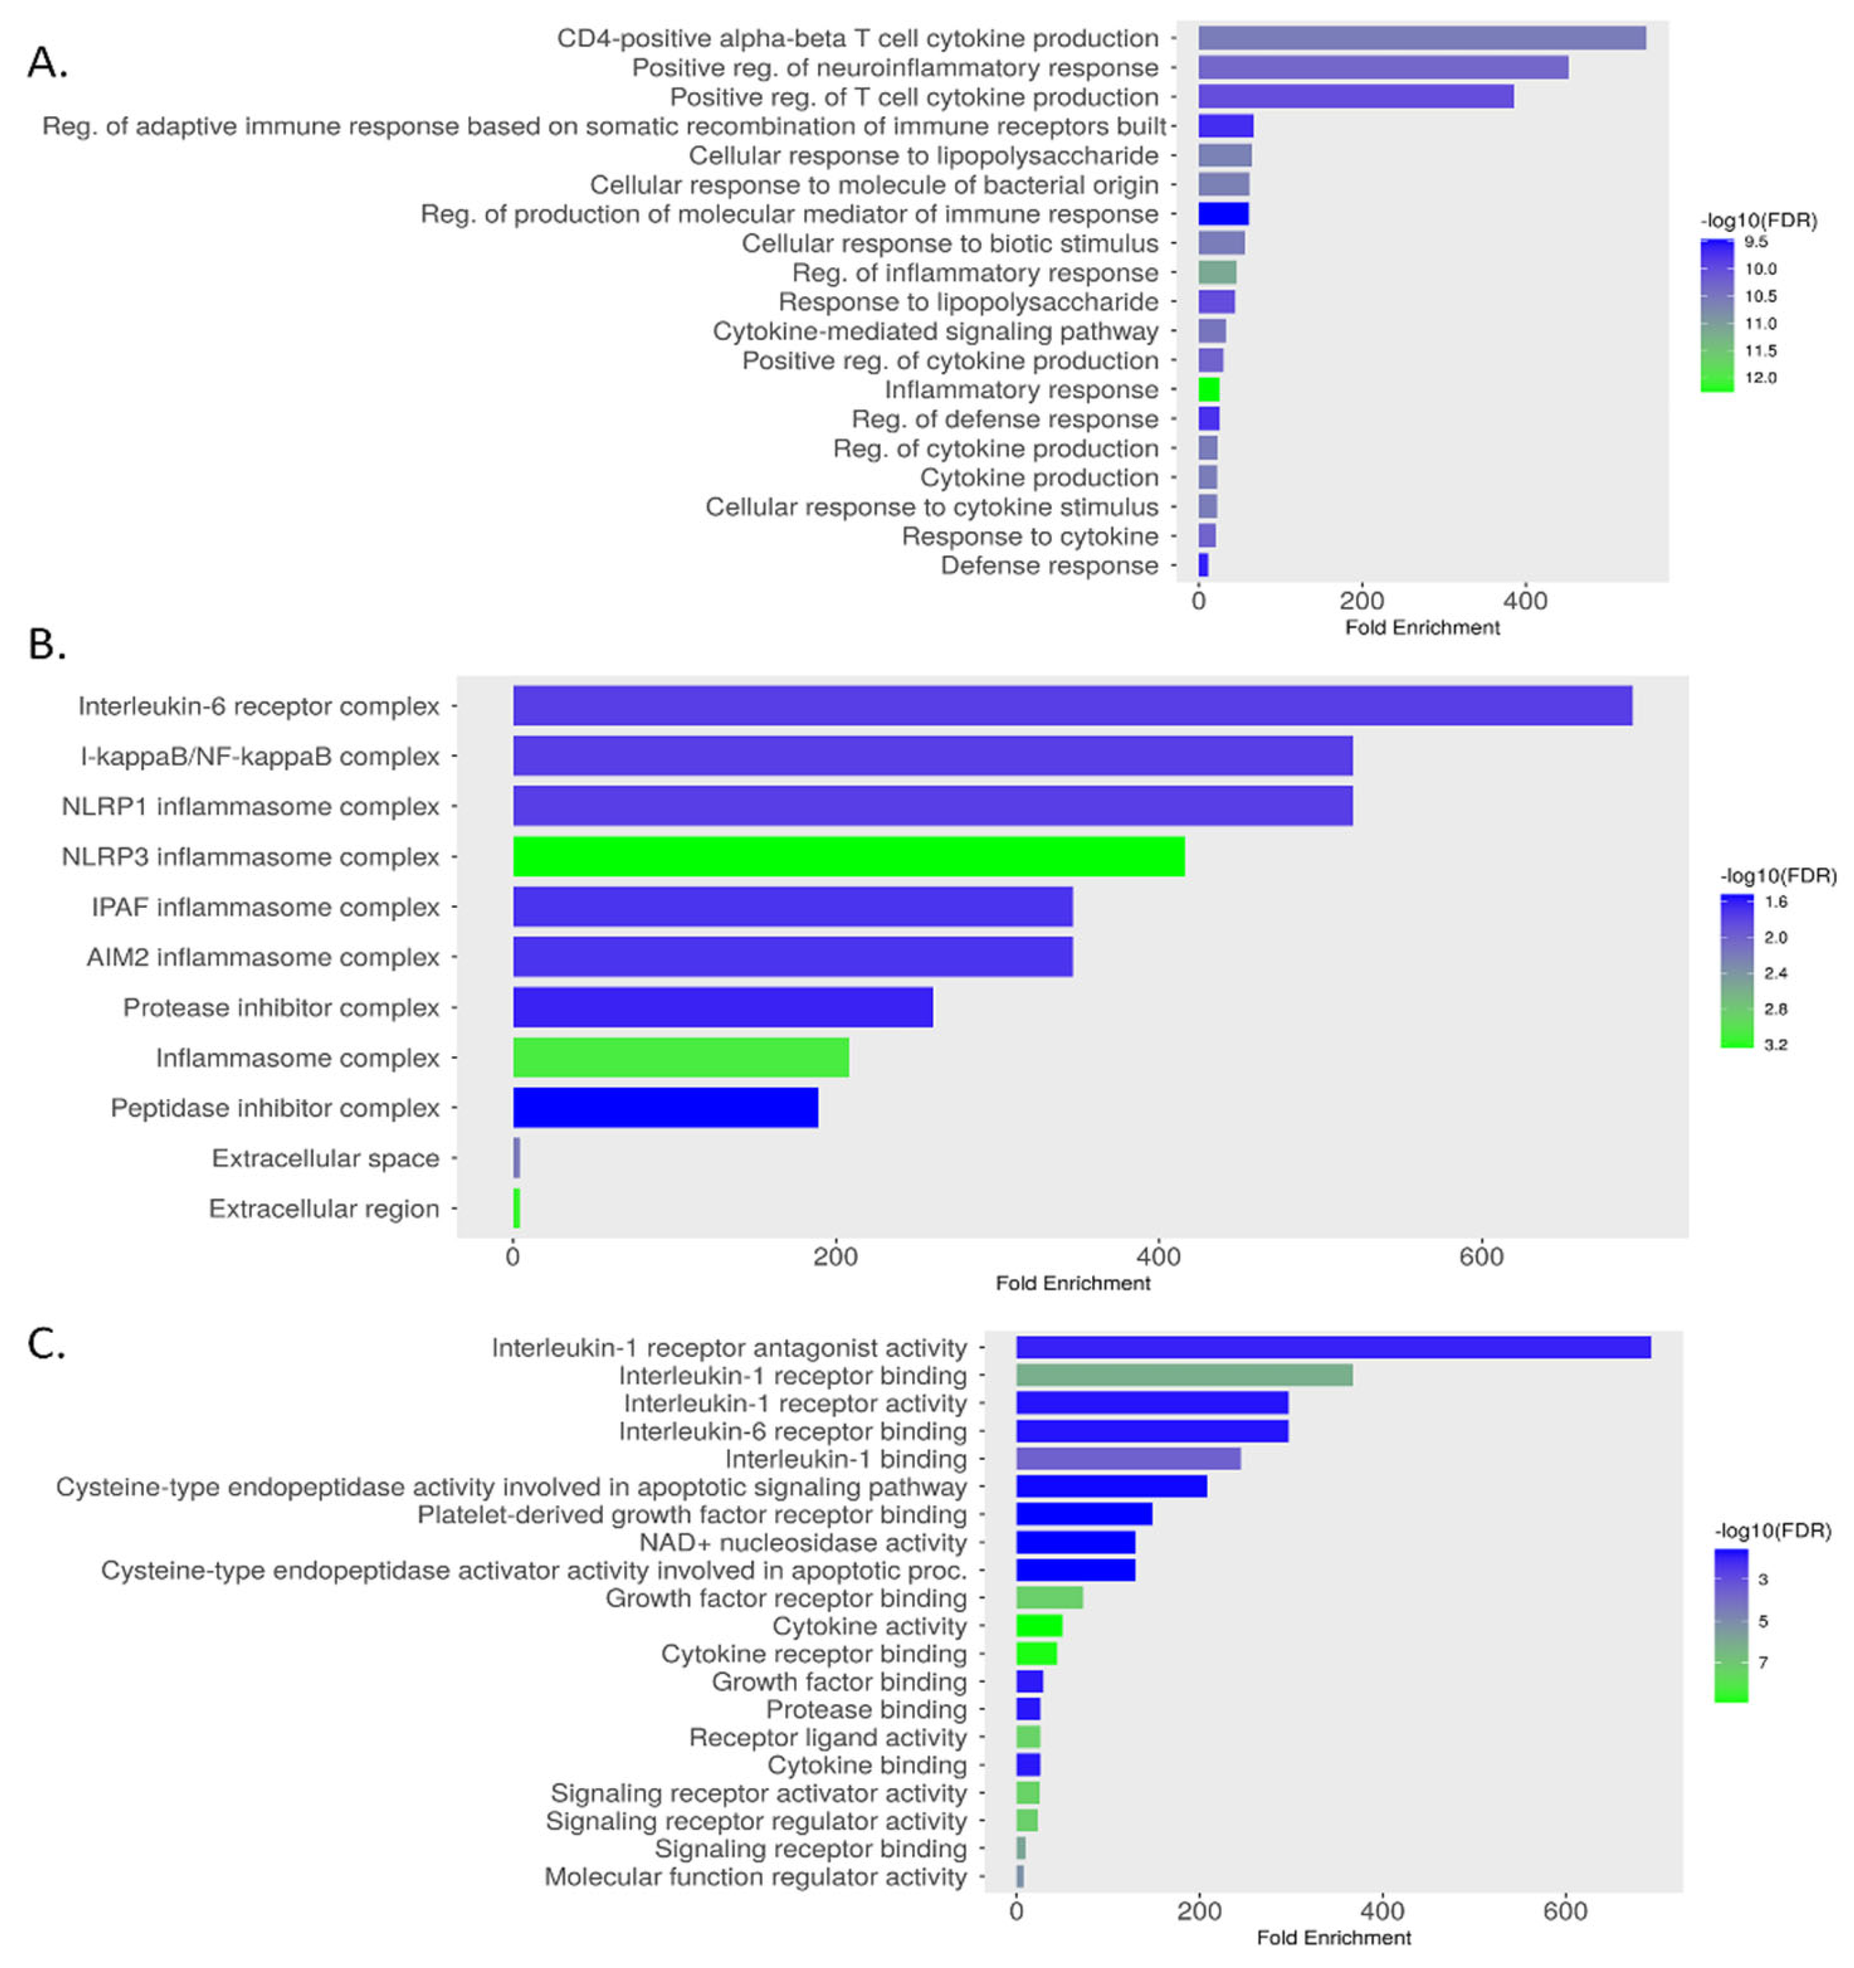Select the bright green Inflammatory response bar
coord(1208,390)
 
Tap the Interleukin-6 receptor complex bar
coord(1072,706)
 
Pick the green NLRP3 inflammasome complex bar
coord(848,856)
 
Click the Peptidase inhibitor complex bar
coord(665,1108)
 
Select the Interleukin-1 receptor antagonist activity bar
coord(1332,1347)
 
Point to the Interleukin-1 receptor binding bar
coord(1184,1375)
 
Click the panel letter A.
coord(47,64)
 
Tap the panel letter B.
coord(47,644)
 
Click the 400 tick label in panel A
coord(1525,601)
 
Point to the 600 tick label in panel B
coord(1481,1257)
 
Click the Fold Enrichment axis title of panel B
coord(1072,1283)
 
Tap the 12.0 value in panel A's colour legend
coord(1760,378)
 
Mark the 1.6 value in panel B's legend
coord(1776,902)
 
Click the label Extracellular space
coord(325,1158)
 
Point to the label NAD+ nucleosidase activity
coord(802,1542)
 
